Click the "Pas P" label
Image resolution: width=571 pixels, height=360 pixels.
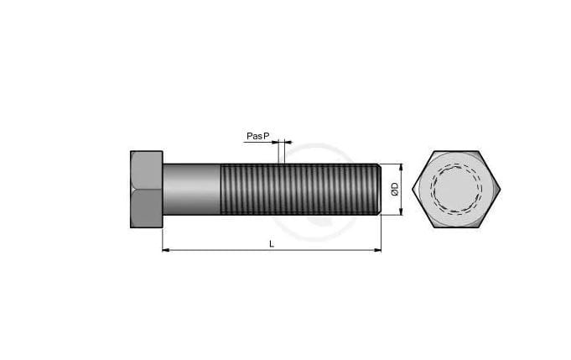[x=257, y=136]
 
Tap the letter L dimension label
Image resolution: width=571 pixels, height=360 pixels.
[x=272, y=243]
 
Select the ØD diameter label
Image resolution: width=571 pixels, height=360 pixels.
[x=395, y=189]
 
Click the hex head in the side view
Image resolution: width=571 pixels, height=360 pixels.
[x=147, y=189]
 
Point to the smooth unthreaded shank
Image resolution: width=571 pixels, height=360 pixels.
[x=191, y=189]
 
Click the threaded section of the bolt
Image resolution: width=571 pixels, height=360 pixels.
[x=299, y=189]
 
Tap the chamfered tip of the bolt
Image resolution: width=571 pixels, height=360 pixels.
[x=380, y=189]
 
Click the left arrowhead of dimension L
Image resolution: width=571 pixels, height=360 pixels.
[x=166, y=250]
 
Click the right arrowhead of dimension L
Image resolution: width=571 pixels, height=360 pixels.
[x=377, y=250]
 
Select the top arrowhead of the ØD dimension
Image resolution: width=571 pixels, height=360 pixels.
[x=402, y=168]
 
